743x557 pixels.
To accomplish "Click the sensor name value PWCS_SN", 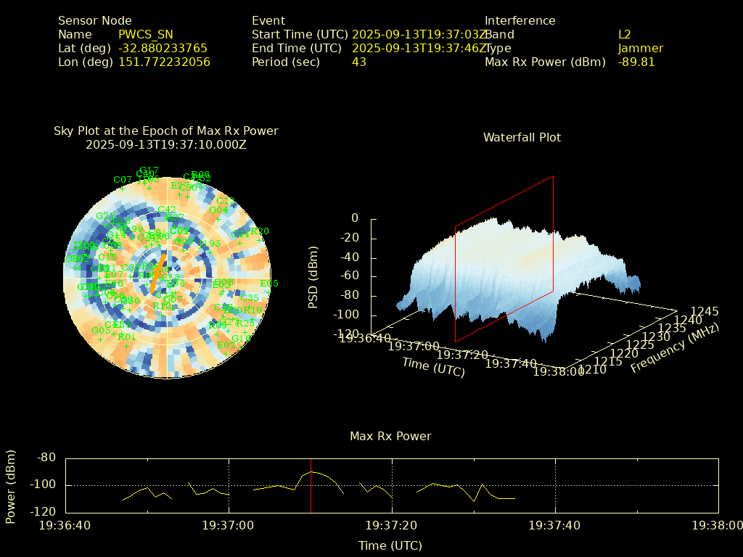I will [x=145, y=35].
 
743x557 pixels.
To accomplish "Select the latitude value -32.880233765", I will [x=163, y=49].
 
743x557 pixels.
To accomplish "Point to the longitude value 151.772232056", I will [x=164, y=62].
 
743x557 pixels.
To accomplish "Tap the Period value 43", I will [x=358, y=62].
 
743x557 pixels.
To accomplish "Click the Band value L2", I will [x=625, y=35].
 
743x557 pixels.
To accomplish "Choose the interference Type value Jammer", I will [x=641, y=49].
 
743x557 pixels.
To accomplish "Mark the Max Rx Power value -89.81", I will [x=636, y=62].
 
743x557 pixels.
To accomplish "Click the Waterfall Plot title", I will [x=522, y=138].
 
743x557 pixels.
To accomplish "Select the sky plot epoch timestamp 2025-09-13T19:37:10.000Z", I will [x=165, y=144].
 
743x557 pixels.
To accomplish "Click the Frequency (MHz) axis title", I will [x=674, y=349].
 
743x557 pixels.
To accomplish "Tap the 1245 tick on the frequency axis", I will [x=705, y=312].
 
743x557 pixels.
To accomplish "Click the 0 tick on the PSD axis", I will [x=354, y=218].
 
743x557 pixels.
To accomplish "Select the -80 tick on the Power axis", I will [x=47, y=458].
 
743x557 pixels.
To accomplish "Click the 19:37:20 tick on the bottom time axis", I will [x=392, y=525].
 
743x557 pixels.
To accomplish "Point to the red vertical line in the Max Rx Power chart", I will [x=311, y=493].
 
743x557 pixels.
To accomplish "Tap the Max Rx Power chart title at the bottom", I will [x=390, y=437].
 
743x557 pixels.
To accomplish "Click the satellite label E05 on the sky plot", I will [x=269, y=284].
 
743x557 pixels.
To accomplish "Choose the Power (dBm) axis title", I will [x=11, y=485].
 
